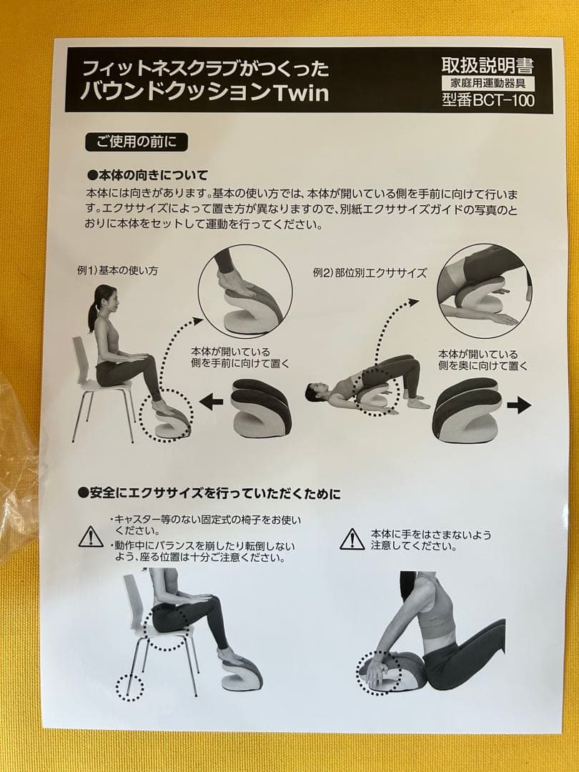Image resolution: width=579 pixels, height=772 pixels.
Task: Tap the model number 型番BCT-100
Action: [x=488, y=100]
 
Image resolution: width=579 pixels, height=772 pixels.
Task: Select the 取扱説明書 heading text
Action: [x=488, y=67]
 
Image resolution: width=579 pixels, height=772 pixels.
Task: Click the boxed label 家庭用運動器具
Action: [x=488, y=84]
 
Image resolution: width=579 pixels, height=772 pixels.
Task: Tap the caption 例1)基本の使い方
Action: [x=117, y=272]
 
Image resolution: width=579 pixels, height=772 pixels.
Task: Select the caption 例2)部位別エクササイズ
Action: [x=370, y=272]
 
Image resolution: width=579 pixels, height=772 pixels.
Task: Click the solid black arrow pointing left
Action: [x=211, y=402]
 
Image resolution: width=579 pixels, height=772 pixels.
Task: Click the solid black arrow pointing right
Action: [x=519, y=405]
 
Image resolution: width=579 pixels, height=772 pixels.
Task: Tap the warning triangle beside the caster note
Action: [x=91, y=536]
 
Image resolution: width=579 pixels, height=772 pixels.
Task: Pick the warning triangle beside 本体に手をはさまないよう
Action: [x=352, y=539]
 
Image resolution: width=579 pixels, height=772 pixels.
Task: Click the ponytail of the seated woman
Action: [x=92, y=315]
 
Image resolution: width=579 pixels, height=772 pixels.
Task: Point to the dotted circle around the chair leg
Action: [x=129, y=688]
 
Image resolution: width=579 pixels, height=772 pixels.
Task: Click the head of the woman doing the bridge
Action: [x=315, y=392]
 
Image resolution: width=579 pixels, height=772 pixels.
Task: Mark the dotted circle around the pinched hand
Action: [x=379, y=673]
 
